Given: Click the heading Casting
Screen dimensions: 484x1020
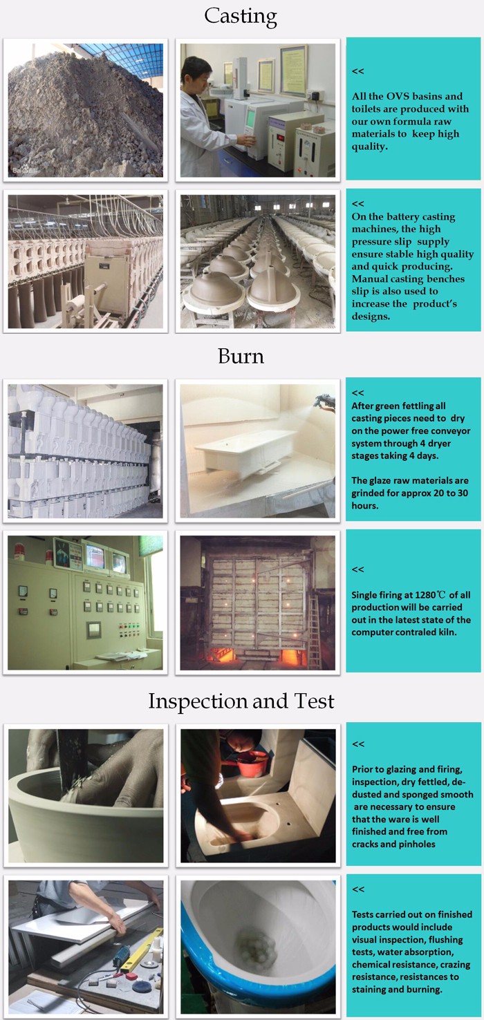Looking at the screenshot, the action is point(240,17).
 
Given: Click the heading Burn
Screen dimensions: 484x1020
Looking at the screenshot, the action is point(241,356).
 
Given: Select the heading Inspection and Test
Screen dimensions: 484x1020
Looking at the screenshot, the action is point(241,701).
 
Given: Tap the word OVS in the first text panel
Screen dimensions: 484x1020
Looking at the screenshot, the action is point(398,96).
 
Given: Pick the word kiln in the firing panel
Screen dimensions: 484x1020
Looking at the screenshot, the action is point(447,632).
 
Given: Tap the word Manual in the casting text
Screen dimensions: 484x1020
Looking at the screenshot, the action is point(369,278).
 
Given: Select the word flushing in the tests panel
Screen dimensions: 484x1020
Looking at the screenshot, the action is point(445,939).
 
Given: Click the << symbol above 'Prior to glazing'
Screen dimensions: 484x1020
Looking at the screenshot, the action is point(358,744).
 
